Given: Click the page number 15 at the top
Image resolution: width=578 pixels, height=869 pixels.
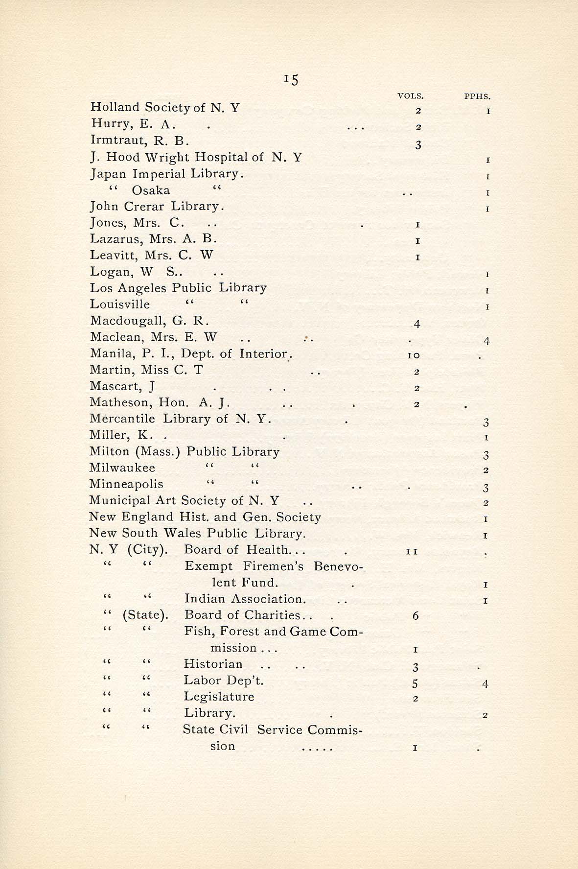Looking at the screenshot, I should click(x=291, y=79).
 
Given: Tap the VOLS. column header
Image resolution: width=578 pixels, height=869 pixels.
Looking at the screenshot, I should click(x=411, y=96).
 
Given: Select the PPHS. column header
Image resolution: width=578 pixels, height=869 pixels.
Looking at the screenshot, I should click(x=477, y=96).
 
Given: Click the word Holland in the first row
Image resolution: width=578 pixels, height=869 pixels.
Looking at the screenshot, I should click(x=109, y=107).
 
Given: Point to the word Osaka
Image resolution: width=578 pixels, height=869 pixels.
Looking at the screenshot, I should click(x=151, y=190).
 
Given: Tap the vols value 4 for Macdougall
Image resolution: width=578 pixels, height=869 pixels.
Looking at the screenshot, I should click(x=416, y=324).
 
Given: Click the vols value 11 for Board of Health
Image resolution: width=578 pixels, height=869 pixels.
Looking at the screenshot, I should click(x=412, y=551).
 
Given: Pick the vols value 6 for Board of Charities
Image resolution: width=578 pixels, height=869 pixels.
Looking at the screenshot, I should click(x=416, y=616).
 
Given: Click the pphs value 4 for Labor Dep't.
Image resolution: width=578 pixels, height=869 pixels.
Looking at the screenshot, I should click(x=485, y=683).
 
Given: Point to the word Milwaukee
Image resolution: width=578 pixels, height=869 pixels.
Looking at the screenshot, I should click(x=122, y=468).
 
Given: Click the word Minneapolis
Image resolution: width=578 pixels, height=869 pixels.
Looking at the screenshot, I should click(x=126, y=484).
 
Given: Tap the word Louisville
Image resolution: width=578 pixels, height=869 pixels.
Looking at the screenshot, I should click(x=120, y=305).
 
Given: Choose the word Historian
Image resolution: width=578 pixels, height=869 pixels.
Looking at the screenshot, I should click(x=213, y=664).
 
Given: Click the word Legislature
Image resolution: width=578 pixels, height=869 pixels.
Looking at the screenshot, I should click(x=219, y=697).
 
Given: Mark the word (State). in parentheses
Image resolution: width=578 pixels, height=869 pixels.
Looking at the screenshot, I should click(x=145, y=615).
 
